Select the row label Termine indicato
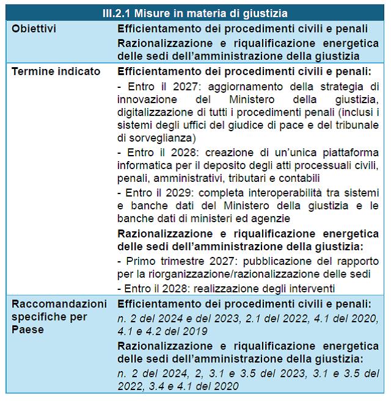pyautogui.click(x=56, y=71)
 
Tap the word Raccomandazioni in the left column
pyautogui.click(x=60, y=304)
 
